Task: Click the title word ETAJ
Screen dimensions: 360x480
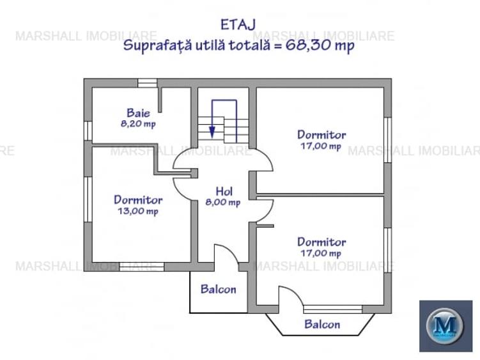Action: tap(238, 24)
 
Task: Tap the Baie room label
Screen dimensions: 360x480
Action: tap(138, 113)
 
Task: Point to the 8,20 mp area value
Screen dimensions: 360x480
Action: tap(138, 124)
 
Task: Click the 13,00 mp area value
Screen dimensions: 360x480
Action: tap(137, 211)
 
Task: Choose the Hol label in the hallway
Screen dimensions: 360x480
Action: tap(223, 191)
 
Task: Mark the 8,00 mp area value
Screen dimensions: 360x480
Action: tap(223, 203)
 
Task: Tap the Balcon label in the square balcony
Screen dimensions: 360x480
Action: tap(218, 289)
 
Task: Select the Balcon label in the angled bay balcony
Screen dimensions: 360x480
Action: tap(322, 324)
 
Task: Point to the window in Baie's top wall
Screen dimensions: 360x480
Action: tap(147, 82)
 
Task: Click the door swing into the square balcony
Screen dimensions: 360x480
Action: tap(225, 256)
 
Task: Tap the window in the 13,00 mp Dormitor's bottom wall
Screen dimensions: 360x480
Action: tap(141, 267)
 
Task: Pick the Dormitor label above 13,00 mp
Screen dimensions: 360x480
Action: tap(137, 200)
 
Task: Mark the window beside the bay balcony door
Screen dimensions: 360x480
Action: tap(332, 309)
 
